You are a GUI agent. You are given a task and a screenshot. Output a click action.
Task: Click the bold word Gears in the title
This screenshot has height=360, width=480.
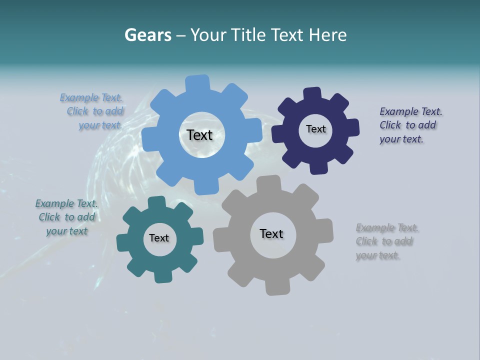(147, 35)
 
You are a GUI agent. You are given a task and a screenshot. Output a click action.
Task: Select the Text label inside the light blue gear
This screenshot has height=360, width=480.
(199, 135)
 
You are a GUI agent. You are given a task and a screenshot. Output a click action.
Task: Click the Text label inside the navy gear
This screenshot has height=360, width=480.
(315, 129)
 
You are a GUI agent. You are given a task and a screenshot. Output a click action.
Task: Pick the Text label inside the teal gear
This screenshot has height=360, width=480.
(159, 238)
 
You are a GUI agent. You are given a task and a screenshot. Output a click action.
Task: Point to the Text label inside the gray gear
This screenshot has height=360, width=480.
(271, 233)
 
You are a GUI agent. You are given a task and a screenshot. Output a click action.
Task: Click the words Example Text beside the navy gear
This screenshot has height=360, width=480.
(410, 111)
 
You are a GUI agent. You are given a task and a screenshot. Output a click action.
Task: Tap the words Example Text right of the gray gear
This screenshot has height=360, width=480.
(387, 228)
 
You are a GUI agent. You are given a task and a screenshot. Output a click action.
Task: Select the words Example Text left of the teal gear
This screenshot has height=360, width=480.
(66, 203)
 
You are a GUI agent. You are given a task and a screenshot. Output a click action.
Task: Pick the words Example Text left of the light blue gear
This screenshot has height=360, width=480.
(91, 97)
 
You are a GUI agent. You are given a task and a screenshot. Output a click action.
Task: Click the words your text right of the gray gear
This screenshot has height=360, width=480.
(377, 255)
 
